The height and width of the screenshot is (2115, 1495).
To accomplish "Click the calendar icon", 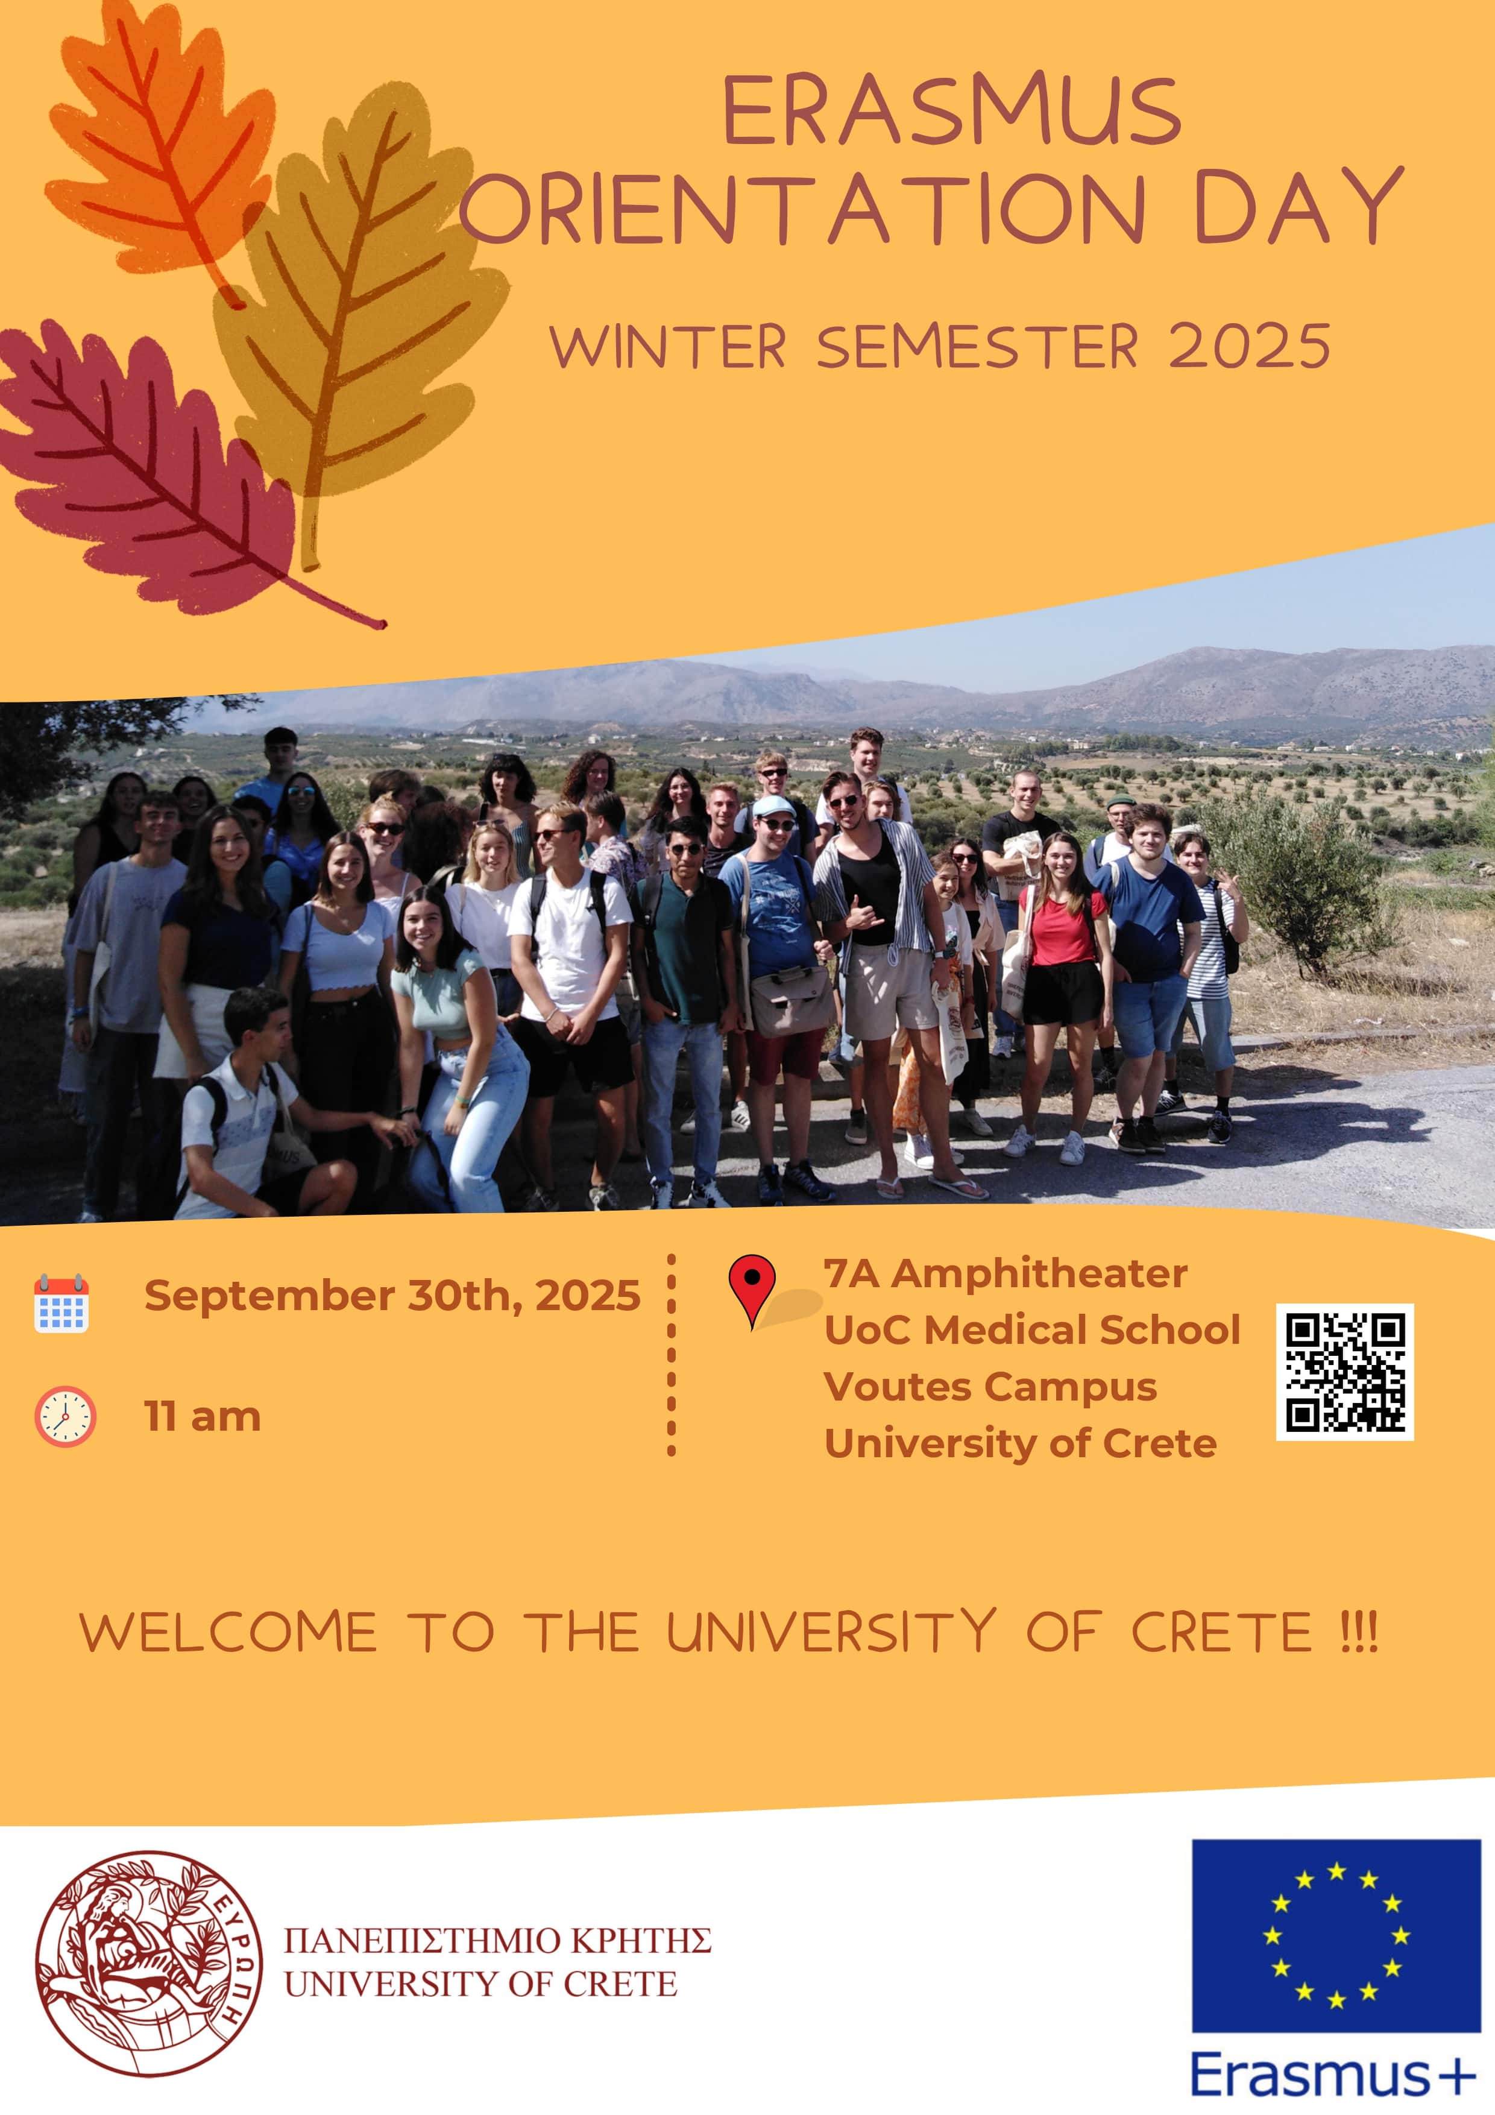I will (x=61, y=1303).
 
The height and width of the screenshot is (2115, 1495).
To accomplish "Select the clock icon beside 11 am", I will (x=65, y=1416).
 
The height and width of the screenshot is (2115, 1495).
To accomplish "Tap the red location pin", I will (x=752, y=1286).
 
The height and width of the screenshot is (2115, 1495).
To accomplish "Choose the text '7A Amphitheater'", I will (x=1005, y=1273).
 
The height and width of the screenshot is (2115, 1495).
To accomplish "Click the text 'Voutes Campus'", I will (x=990, y=1386).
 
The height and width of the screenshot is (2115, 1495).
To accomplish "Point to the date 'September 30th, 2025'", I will (x=391, y=1295).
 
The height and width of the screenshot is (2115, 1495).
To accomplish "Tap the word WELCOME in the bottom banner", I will (x=228, y=1632).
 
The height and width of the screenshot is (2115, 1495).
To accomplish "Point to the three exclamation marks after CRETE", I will (x=1358, y=1632).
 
